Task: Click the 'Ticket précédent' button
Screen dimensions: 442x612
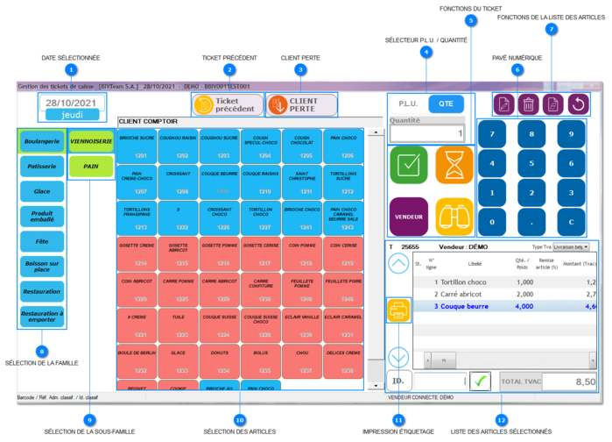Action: [228, 105]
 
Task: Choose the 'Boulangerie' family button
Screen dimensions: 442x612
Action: [42, 141]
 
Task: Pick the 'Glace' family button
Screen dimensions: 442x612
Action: [42, 190]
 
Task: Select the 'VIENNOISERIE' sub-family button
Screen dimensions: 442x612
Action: [91, 141]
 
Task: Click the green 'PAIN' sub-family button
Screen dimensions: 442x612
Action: [91, 166]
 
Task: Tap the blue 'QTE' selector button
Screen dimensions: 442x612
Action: [446, 103]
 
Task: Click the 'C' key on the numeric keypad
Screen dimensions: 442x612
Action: [571, 222]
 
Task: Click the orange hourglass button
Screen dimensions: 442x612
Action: [454, 164]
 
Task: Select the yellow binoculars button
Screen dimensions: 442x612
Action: [454, 216]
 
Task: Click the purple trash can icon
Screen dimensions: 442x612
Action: [529, 104]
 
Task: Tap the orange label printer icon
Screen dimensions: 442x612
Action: [397, 310]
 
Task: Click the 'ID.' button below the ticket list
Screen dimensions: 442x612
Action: [398, 381]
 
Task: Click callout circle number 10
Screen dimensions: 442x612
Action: [239, 420]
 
